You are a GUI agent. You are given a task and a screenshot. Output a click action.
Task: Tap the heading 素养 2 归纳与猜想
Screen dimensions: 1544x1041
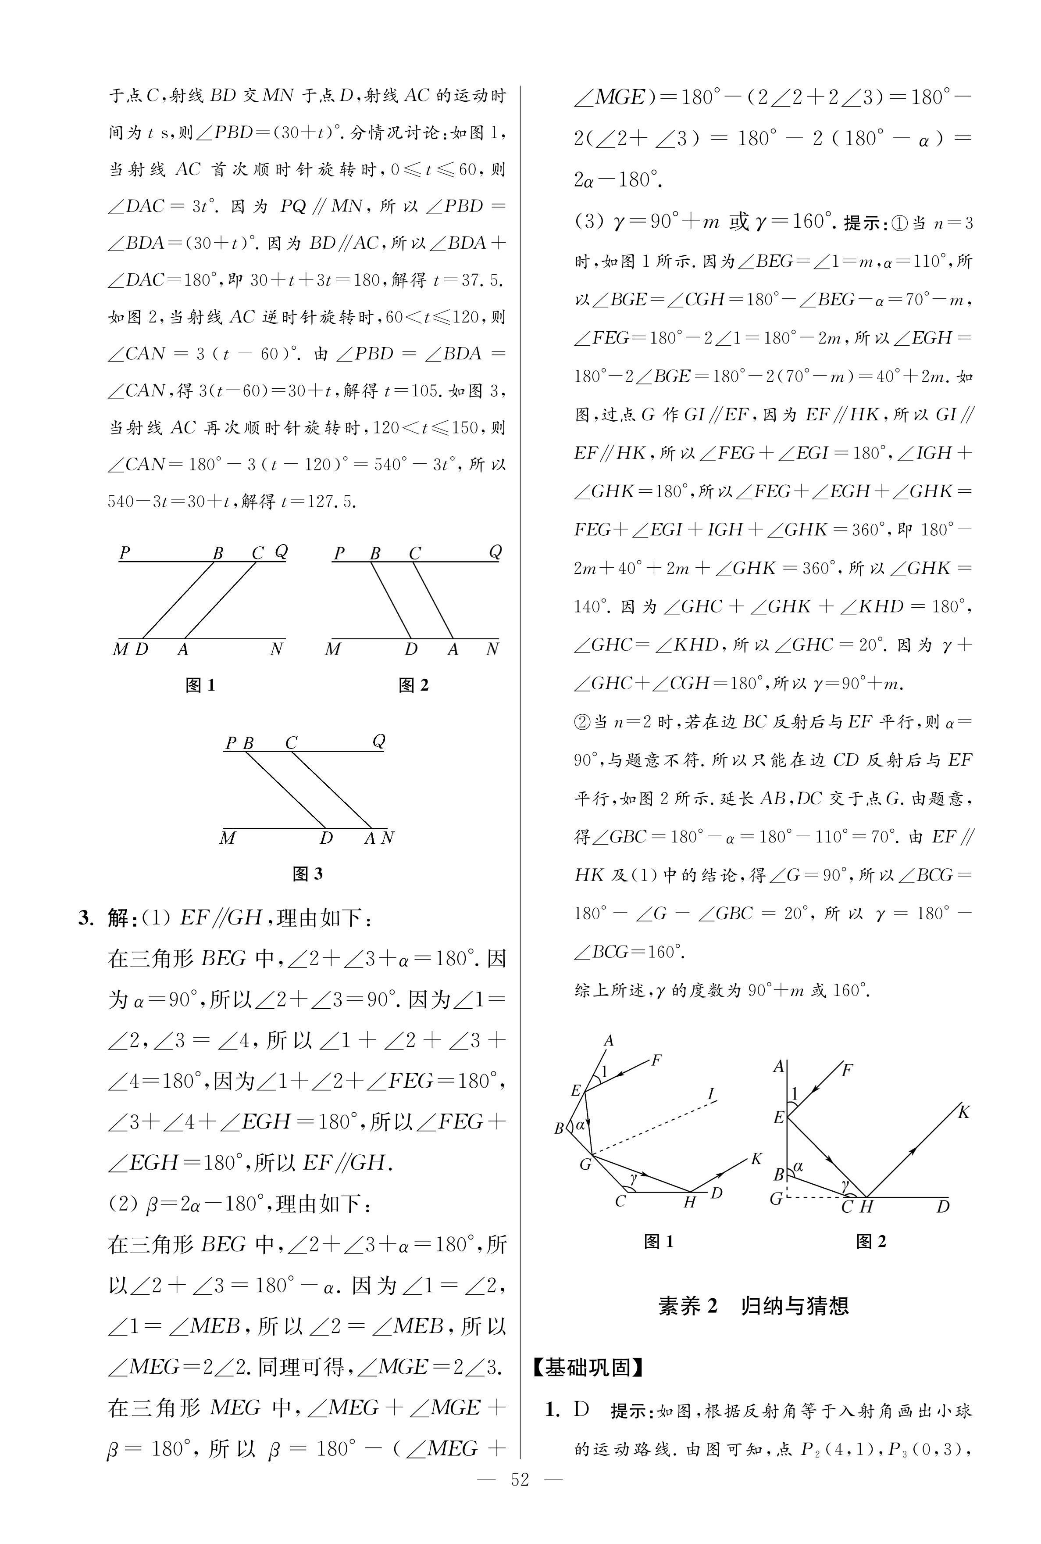tap(753, 1306)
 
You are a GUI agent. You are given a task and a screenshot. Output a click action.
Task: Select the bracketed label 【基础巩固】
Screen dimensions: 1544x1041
tap(588, 1367)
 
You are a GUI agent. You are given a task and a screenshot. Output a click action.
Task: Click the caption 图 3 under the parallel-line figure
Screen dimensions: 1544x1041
tap(307, 874)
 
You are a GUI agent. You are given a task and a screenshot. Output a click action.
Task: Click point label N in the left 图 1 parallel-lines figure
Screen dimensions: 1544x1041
tap(277, 649)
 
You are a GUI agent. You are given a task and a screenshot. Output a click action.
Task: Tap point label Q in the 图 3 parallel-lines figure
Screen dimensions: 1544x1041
tap(378, 741)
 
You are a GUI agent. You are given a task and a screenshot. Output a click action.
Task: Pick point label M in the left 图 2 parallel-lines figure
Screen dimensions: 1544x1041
tap(333, 649)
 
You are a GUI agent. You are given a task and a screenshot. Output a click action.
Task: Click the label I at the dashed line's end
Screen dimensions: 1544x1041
tap(711, 1094)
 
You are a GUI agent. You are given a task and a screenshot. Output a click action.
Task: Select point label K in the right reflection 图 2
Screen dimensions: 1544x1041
tap(964, 1112)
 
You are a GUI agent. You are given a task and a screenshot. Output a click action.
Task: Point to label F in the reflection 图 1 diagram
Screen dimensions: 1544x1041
tap(656, 1060)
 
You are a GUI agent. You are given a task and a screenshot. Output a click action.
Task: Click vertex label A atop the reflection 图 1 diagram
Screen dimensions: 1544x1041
tap(609, 1041)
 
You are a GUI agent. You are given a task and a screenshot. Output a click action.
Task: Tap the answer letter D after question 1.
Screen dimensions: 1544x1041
tap(581, 1409)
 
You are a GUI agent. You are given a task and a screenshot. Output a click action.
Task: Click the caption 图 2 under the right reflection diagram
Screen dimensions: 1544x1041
tap(870, 1241)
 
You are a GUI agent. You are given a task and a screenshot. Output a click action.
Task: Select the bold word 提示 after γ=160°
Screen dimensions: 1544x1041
tap(862, 223)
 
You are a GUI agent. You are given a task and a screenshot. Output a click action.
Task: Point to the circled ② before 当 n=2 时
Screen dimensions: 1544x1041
tap(582, 722)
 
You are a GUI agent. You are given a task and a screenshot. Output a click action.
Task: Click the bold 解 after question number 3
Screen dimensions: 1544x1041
tap(118, 918)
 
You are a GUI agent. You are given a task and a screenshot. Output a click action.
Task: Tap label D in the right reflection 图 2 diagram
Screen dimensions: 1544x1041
tap(943, 1207)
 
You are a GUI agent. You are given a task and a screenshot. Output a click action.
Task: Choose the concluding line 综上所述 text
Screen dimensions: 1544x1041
tap(722, 991)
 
